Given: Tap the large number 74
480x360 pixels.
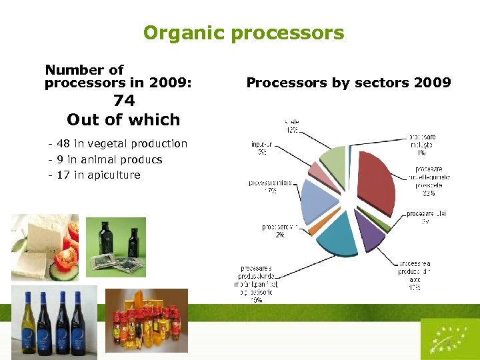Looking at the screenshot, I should pos(124,101).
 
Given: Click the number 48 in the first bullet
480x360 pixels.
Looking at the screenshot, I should pos(63,143).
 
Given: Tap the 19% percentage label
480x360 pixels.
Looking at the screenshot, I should pos(257,300).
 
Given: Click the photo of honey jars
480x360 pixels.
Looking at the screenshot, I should pos(146,321).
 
